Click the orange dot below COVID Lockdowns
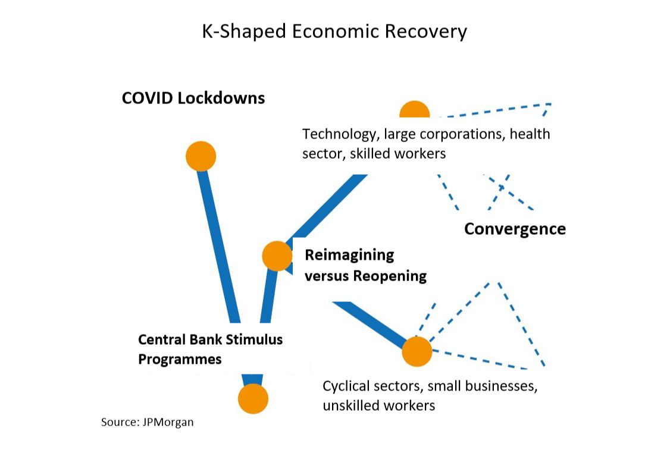201,156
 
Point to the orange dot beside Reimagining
277,256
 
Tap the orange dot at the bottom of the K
253,398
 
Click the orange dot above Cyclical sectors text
417,351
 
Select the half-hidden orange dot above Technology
414,111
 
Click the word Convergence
515,229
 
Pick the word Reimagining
349,255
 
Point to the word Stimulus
255,340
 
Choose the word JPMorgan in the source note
168,423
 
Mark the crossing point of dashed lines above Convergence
501,187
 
